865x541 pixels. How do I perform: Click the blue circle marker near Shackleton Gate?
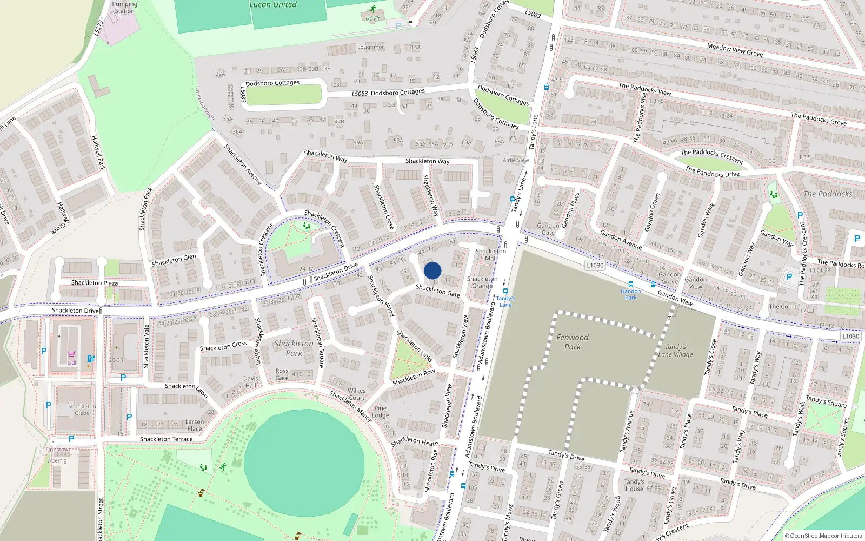point(432,270)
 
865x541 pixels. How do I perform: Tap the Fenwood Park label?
point(573,342)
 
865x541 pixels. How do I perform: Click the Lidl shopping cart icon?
point(71,354)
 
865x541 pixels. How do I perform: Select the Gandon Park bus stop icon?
point(630,284)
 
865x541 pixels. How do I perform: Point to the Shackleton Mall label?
point(490,255)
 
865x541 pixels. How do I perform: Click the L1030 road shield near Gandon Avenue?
point(595,265)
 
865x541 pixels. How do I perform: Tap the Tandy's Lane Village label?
point(675,351)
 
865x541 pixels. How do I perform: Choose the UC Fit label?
point(372,18)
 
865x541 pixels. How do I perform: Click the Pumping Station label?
point(124,8)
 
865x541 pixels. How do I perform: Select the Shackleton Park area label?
point(294,348)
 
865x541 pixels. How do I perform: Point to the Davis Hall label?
point(250,382)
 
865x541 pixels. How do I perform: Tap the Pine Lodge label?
point(381,412)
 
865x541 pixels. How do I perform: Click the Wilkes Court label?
point(356,394)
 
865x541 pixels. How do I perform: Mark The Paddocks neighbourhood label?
point(827,194)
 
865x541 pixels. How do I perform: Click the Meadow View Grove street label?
point(735,50)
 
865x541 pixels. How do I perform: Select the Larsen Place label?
point(195,425)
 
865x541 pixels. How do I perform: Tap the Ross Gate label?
point(282,374)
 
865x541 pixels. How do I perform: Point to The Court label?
point(782,306)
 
